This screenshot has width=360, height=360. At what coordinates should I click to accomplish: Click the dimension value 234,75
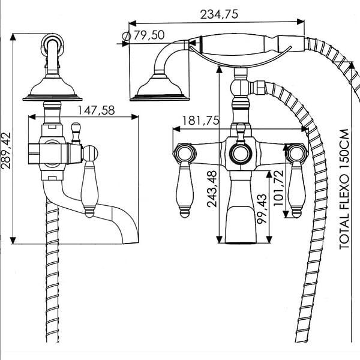tap(219, 14)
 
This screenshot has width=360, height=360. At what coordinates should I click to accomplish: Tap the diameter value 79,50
tap(149, 35)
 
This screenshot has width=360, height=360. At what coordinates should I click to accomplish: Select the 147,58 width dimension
tap(96, 110)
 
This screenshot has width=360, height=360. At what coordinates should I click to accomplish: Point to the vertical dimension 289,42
tap(6, 151)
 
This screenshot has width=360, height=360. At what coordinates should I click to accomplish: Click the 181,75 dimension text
tap(201, 121)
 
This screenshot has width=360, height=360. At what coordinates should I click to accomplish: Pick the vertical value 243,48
tap(212, 189)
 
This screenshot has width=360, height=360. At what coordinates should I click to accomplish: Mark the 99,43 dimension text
tap(262, 209)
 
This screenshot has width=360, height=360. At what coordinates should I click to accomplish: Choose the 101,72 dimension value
tap(278, 188)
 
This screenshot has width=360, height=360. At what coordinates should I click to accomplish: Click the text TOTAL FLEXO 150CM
tap(344, 190)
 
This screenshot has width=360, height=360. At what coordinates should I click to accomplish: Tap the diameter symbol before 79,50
tap(127, 36)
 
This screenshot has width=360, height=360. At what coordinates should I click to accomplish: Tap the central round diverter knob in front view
tap(241, 154)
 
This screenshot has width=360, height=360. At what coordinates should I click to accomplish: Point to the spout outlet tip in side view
tap(131, 242)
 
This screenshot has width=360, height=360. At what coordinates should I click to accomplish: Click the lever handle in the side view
tap(90, 181)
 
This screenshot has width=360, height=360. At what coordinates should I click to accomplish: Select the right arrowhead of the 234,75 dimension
tap(301, 22)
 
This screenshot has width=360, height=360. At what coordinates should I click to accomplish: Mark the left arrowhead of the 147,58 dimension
tap(32, 117)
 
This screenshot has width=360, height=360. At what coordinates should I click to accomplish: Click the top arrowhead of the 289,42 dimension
tap(13, 37)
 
